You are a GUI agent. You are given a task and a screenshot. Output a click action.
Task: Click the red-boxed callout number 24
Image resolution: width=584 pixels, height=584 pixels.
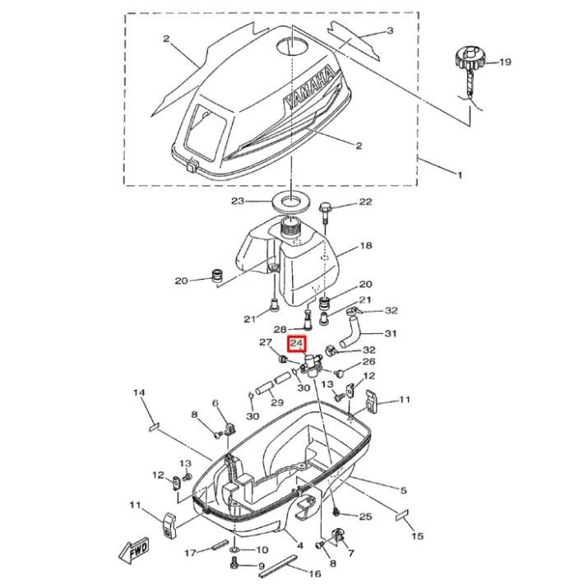tap(296, 343)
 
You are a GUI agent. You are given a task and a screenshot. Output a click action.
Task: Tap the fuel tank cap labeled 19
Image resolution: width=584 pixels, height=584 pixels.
tap(470, 58)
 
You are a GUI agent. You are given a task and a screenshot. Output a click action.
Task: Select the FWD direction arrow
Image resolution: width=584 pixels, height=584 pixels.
tap(134, 549)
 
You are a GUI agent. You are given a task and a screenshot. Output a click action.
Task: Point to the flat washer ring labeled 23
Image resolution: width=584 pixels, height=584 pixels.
tap(291, 202)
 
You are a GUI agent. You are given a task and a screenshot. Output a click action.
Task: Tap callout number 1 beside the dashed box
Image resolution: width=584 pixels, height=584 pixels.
tap(460, 174)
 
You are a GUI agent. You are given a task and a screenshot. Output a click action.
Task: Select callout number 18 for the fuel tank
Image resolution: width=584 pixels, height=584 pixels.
tap(366, 245)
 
